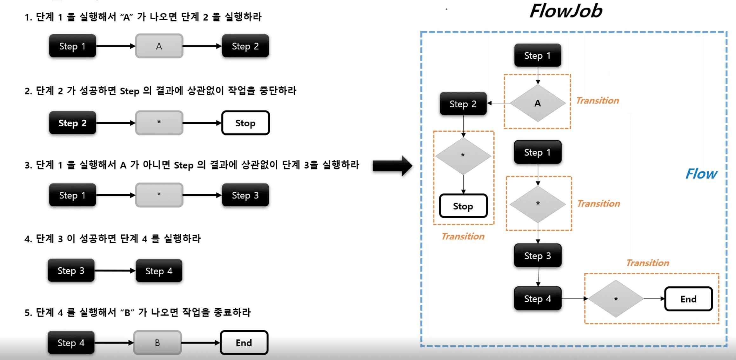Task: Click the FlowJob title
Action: tap(566, 11)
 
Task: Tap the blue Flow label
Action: tap(701, 174)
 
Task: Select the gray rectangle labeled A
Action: tap(159, 46)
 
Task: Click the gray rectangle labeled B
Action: tap(157, 343)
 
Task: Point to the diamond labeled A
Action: tap(538, 103)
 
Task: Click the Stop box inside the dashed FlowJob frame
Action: tap(463, 206)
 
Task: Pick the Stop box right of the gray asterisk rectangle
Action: tap(245, 123)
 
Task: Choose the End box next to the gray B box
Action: tap(244, 343)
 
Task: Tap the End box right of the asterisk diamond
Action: tap(688, 299)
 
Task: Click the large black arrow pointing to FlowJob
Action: tap(392, 166)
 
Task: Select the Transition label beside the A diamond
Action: tap(598, 101)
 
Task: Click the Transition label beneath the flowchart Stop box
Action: tap(463, 237)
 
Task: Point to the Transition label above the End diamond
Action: tap(648, 263)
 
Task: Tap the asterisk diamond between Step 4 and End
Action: tap(616, 299)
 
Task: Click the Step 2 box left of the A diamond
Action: tap(463, 104)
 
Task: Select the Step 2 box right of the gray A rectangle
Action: tap(245, 46)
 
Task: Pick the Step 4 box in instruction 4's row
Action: tap(159, 271)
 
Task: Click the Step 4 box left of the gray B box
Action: tap(71, 343)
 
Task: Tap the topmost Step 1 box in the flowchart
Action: tap(538, 56)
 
